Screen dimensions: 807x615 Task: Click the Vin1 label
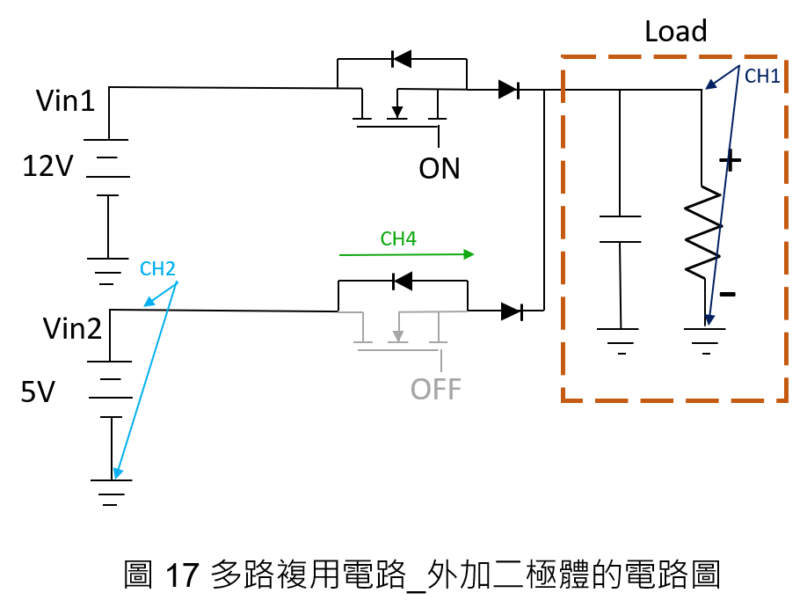pyautogui.click(x=65, y=100)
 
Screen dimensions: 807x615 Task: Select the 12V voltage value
pyautogui.click(x=47, y=166)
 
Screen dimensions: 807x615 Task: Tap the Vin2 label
pyautogui.click(x=72, y=328)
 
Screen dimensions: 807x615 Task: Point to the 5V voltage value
pyautogui.click(x=38, y=392)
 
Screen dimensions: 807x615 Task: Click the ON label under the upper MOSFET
pyautogui.click(x=439, y=168)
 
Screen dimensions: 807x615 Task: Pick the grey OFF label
pyautogui.click(x=435, y=390)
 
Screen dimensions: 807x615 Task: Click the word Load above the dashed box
pyautogui.click(x=676, y=32)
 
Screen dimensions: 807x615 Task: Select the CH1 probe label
pyautogui.click(x=762, y=77)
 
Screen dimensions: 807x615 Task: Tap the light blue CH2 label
pyautogui.click(x=157, y=268)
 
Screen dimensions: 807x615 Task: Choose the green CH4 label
pyautogui.click(x=398, y=238)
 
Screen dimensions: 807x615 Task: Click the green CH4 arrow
pyautogui.click(x=407, y=254)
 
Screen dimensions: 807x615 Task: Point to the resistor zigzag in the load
pyautogui.click(x=703, y=233)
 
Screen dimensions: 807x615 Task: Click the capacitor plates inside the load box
pyautogui.click(x=620, y=229)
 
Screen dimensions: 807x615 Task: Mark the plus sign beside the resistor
pyautogui.click(x=730, y=161)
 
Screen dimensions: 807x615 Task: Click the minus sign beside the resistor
pyautogui.click(x=728, y=294)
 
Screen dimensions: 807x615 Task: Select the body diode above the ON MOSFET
pyautogui.click(x=402, y=59)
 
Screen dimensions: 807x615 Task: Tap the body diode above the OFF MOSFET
pyautogui.click(x=402, y=282)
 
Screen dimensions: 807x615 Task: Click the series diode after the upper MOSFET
pyautogui.click(x=508, y=90)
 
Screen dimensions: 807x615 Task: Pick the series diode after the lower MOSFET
pyautogui.click(x=512, y=311)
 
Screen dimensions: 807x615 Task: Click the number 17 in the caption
pyautogui.click(x=182, y=575)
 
